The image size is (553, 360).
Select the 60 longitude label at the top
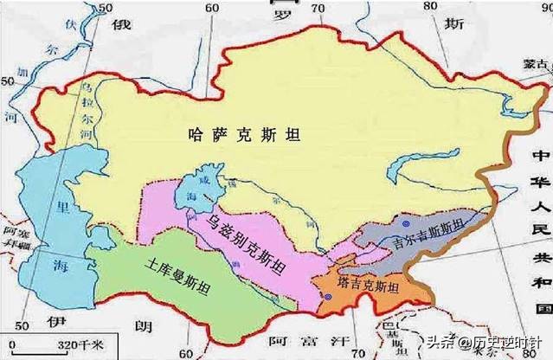click(x=211, y=7)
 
